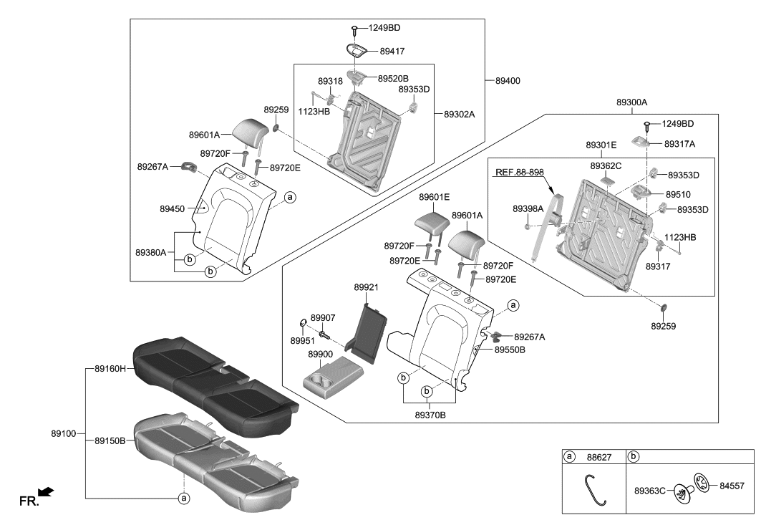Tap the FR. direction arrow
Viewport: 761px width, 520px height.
coord(46,491)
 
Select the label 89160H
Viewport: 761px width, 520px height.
coord(110,369)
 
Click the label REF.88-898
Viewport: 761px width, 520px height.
coord(520,173)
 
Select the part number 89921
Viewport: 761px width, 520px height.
coord(366,287)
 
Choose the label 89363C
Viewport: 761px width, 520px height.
coord(650,491)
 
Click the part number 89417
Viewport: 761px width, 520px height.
coord(392,52)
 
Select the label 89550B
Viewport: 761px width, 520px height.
coord(510,350)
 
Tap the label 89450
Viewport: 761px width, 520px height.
coord(173,209)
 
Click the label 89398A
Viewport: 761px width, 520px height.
coord(528,208)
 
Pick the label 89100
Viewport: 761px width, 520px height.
coord(64,434)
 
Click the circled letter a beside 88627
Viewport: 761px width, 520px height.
coord(571,456)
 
